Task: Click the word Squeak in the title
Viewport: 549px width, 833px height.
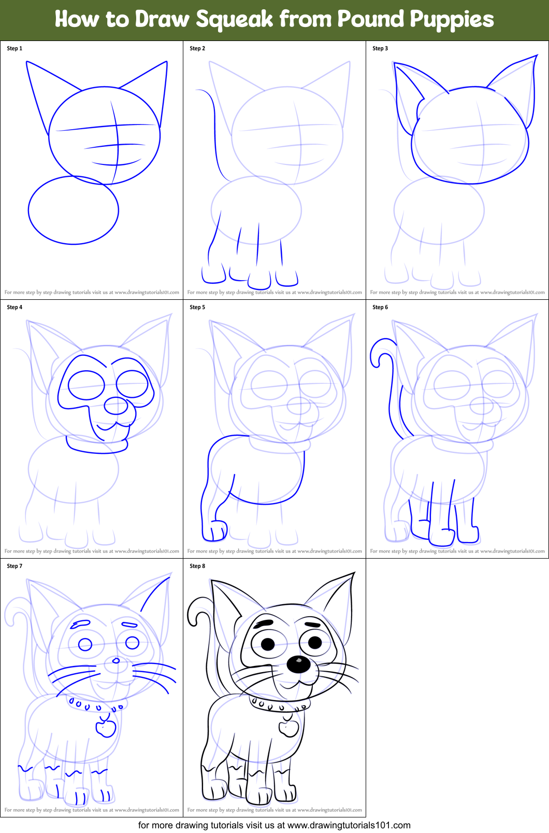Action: click(x=234, y=20)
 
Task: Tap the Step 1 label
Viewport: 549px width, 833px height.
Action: click(x=15, y=48)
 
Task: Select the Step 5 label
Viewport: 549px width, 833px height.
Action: click(x=197, y=307)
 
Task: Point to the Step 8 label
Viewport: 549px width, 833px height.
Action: click(x=197, y=566)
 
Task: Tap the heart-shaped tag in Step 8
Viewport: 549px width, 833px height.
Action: click(x=289, y=727)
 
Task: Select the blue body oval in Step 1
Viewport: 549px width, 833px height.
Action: click(x=73, y=210)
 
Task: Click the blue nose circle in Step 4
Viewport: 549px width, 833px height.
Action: click(x=116, y=405)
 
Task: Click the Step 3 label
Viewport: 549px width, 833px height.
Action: click(x=380, y=48)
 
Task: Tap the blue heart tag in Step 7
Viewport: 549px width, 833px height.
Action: click(x=106, y=727)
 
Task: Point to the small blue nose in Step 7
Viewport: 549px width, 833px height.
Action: click(x=116, y=660)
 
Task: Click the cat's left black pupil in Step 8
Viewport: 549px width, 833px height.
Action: click(x=268, y=644)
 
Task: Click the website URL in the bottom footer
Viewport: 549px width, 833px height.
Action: click(x=349, y=825)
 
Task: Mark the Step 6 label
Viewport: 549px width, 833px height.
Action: click(x=380, y=307)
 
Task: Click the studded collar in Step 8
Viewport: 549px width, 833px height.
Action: click(x=280, y=705)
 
